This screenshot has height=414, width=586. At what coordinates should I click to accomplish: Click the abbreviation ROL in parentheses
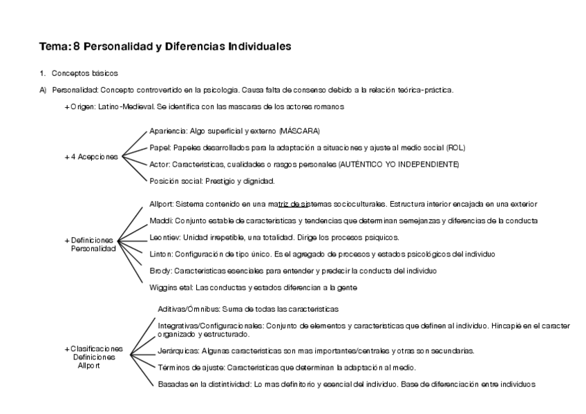[455, 147]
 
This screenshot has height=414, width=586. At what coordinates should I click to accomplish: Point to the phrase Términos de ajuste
[191, 367]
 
